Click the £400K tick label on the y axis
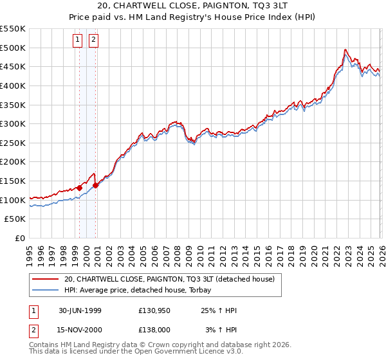pos(13,85)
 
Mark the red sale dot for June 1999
pos(80,188)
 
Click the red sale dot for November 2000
pos(95,185)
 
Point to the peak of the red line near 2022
pos(345,50)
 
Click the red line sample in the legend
pos(46,279)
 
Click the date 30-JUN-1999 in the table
pos(80,310)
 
